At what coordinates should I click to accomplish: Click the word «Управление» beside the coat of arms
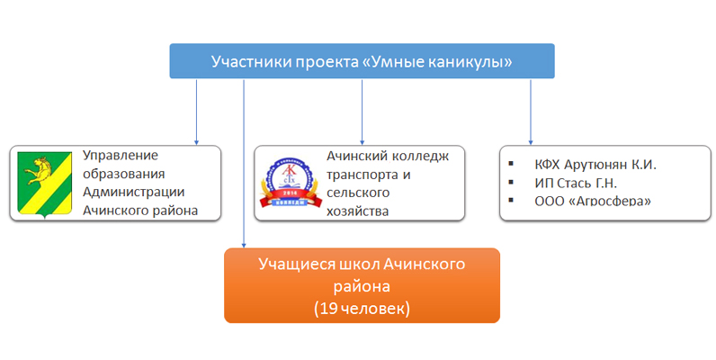(x=120, y=156)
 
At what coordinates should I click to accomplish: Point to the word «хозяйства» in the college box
(x=357, y=211)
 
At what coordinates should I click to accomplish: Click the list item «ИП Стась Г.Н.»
(x=576, y=183)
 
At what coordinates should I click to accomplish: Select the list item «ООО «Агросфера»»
(x=586, y=201)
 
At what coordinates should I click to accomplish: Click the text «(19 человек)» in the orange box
(x=362, y=307)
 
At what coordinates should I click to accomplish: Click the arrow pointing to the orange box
(x=244, y=163)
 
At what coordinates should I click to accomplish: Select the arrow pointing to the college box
(x=362, y=112)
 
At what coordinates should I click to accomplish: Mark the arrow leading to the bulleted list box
(x=531, y=112)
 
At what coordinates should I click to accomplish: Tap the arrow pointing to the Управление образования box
(x=196, y=112)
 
